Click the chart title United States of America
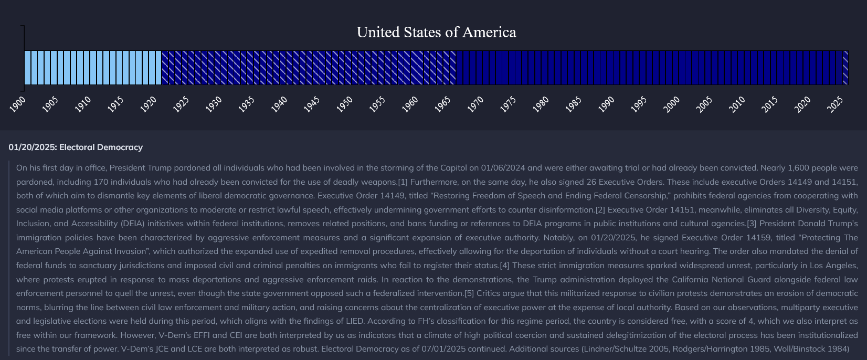click(x=436, y=33)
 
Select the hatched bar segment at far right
click(x=845, y=68)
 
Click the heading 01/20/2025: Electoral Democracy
click(x=76, y=147)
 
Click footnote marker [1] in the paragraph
click(x=403, y=182)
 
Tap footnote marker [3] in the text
click(x=752, y=224)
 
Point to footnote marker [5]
click(x=469, y=293)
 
